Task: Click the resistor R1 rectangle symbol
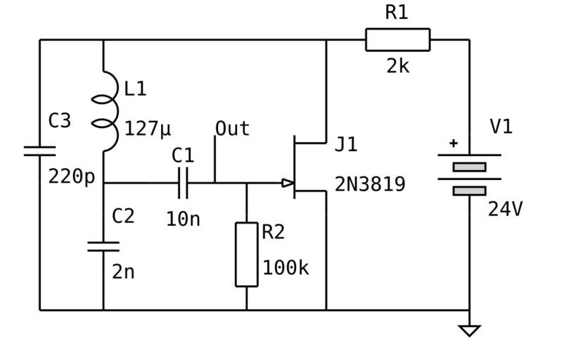(x=397, y=40)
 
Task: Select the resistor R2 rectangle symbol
(x=246, y=254)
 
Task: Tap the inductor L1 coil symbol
(x=105, y=111)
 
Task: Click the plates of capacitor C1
(x=183, y=183)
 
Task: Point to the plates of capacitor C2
(x=103, y=246)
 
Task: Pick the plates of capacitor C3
(x=39, y=150)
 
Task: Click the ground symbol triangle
(x=469, y=330)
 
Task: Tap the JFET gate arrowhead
(x=288, y=183)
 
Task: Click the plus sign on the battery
(x=454, y=143)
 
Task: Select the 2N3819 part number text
(x=370, y=184)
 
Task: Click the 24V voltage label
(x=506, y=209)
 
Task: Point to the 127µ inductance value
(x=148, y=129)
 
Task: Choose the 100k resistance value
(x=285, y=268)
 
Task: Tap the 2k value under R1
(x=397, y=66)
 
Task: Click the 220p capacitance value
(x=71, y=176)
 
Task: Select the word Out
(x=232, y=129)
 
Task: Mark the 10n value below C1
(x=183, y=219)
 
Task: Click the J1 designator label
(x=346, y=145)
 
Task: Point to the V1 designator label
(x=501, y=127)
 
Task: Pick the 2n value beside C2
(x=123, y=272)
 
